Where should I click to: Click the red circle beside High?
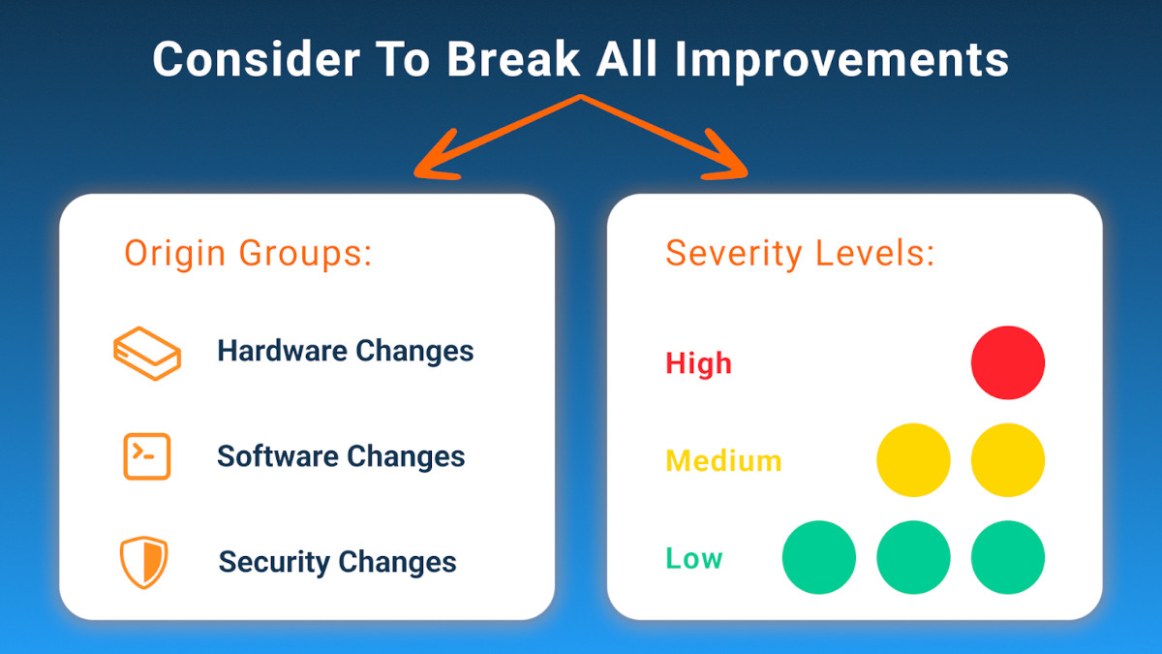click(1008, 362)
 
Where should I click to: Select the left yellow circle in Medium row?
click(913, 459)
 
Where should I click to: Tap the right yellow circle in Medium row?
click(1008, 459)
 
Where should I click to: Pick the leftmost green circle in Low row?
click(818, 557)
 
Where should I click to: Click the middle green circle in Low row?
click(913, 557)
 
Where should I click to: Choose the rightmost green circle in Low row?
click(1008, 557)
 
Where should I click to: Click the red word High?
click(698, 364)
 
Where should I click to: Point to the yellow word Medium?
click(723, 460)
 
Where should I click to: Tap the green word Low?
click(693, 558)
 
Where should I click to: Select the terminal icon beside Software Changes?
click(147, 456)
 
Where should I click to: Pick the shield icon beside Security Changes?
click(144, 562)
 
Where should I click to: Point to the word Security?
click(273, 562)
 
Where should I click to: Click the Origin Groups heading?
click(248, 253)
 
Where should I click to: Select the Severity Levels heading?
click(799, 253)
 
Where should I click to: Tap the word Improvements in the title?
click(841, 60)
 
